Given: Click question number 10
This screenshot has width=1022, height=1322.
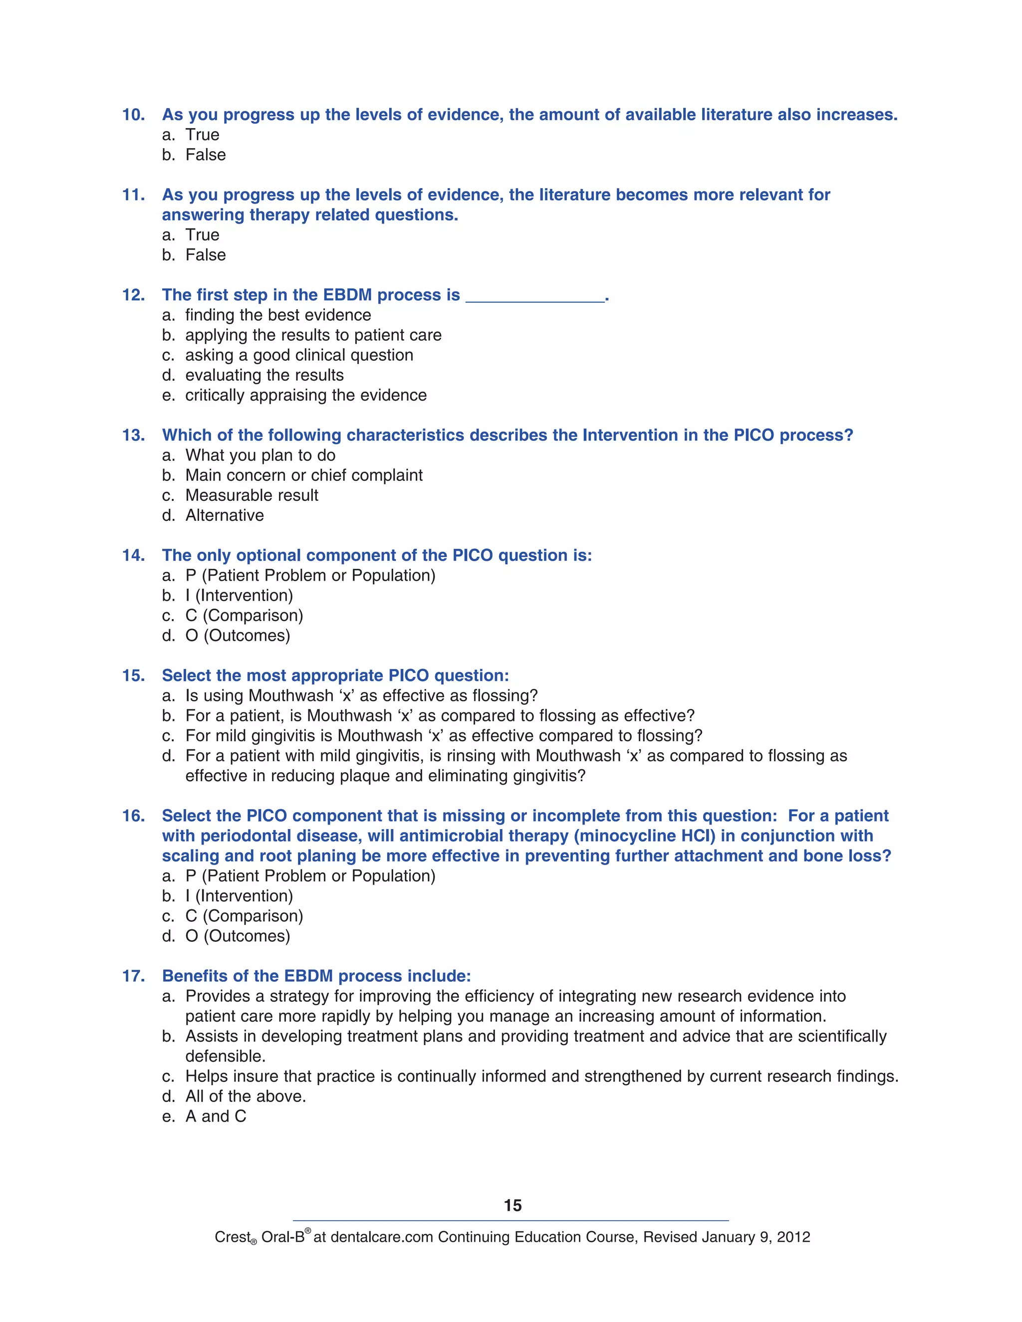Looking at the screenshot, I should [133, 115].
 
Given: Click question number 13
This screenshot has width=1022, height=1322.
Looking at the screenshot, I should [133, 435].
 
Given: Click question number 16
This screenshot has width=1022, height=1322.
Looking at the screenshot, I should [133, 816].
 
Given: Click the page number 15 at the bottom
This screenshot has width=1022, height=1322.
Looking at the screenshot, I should [512, 1205].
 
